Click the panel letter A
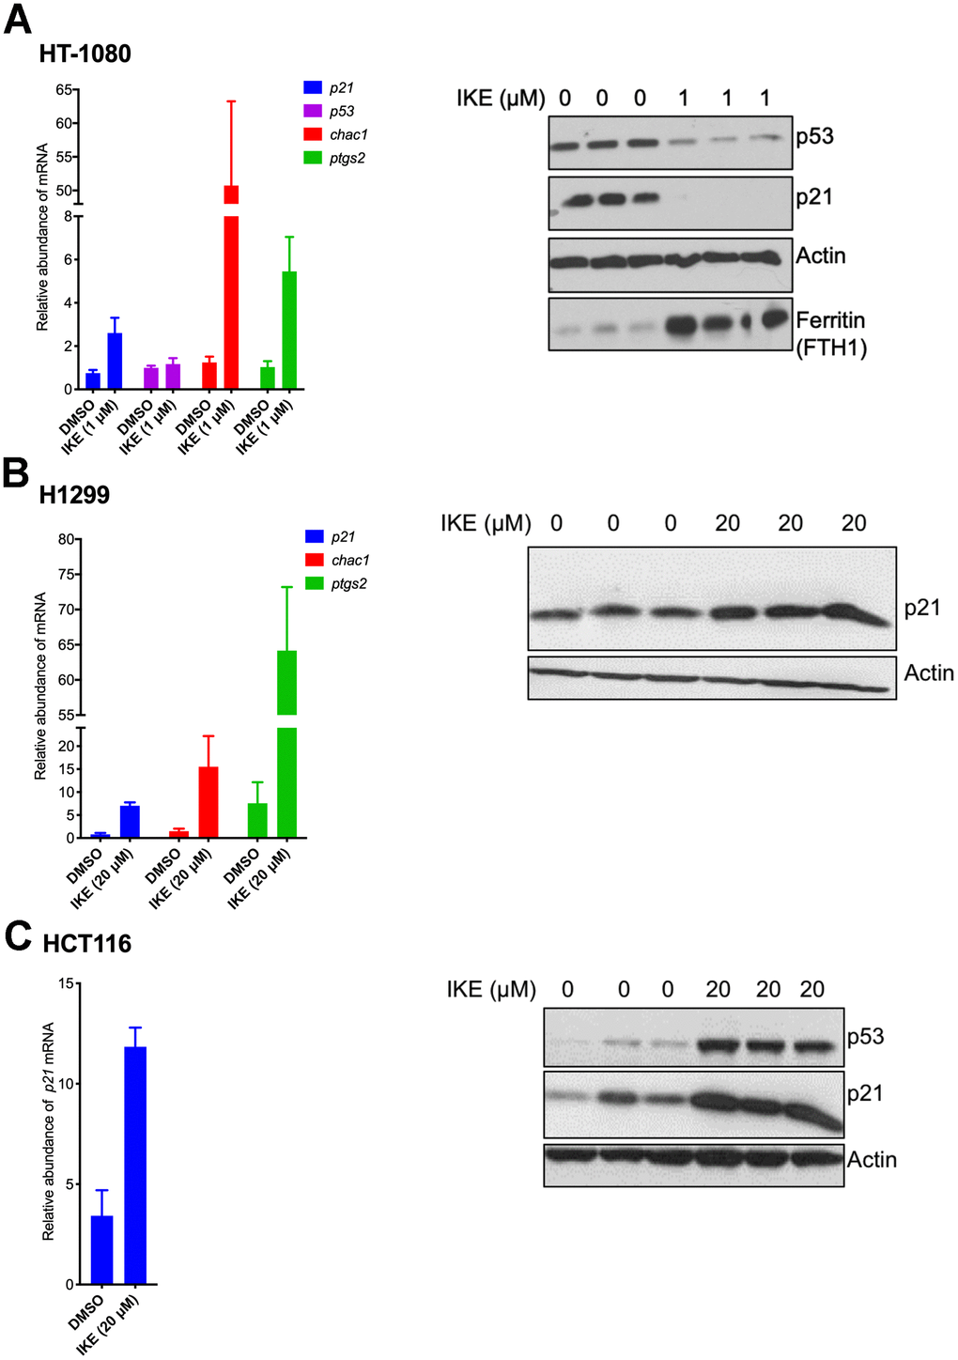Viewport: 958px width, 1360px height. (18, 19)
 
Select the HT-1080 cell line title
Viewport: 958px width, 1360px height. (85, 54)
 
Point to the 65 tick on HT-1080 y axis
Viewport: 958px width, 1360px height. (65, 90)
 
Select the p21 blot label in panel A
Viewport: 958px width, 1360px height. (814, 197)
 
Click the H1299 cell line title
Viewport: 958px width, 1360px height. (74, 495)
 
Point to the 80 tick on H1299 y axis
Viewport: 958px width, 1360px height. (66, 539)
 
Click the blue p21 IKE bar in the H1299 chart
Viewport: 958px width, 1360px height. (130, 821)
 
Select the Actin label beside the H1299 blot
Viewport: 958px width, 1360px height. (928, 673)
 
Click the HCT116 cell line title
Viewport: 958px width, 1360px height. (86, 944)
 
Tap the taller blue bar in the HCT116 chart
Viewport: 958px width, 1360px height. (135, 1165)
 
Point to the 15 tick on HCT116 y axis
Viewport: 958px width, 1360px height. (66, 983)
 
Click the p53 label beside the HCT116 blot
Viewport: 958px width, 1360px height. (865, 1037)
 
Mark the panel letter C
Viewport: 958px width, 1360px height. (19, 936)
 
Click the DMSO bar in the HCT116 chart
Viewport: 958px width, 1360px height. (101, 1249)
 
